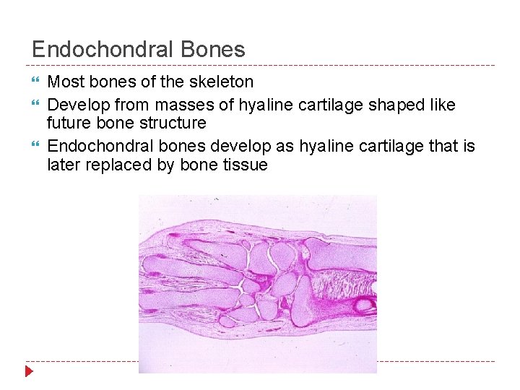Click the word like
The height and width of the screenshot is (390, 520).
point(442,105)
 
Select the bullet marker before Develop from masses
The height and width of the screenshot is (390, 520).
point(36,105)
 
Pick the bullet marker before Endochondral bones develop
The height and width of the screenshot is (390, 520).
point(36,147)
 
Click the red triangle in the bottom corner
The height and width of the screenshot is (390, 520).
point(28,372)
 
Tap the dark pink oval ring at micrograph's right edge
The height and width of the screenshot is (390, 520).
point(365,303)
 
